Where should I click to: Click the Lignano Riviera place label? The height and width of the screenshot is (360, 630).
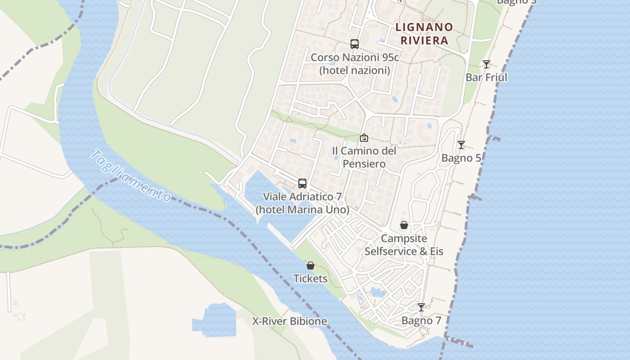click(x=424, y=34)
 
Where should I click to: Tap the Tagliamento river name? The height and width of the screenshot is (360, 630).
click(x=131, y=175)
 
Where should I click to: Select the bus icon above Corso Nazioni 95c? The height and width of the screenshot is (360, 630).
click(x=355, y=44)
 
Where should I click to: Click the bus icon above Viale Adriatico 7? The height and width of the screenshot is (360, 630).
click(x=302, y=184)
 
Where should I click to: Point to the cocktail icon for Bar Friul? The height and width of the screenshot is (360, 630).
click(x=486, y=64)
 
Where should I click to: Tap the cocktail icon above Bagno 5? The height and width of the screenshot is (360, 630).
click(x=461, y=145)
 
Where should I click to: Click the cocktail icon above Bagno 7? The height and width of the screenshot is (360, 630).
click(x=421, y=307)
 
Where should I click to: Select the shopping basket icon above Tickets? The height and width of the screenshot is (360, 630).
click(x=310, y=265)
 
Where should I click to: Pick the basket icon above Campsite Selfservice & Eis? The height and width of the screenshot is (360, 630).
click(x=404, y=225)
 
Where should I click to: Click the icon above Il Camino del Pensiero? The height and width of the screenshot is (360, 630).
click(x=364, y=138)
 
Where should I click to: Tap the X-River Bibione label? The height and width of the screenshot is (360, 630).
click(x=289, y=321)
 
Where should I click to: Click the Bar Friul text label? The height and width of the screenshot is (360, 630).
click(x=486, y=77)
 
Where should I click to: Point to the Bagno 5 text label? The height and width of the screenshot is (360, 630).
click(x=461, y=158)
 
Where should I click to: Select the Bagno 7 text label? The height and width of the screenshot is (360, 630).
click(x=421, y=320)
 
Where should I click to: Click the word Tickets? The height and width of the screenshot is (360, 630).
click(x=310, y=279)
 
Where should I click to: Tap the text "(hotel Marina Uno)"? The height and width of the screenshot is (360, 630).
click(x=302, y=210)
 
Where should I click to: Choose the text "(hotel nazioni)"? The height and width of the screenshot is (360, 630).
click(x=355, y=70)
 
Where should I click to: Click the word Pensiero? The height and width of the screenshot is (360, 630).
click(x=364, y=164)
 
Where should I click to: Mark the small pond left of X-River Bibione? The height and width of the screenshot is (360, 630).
click(x=215, y=320)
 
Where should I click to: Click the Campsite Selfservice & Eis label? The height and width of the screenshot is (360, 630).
click(x=404, y=245)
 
